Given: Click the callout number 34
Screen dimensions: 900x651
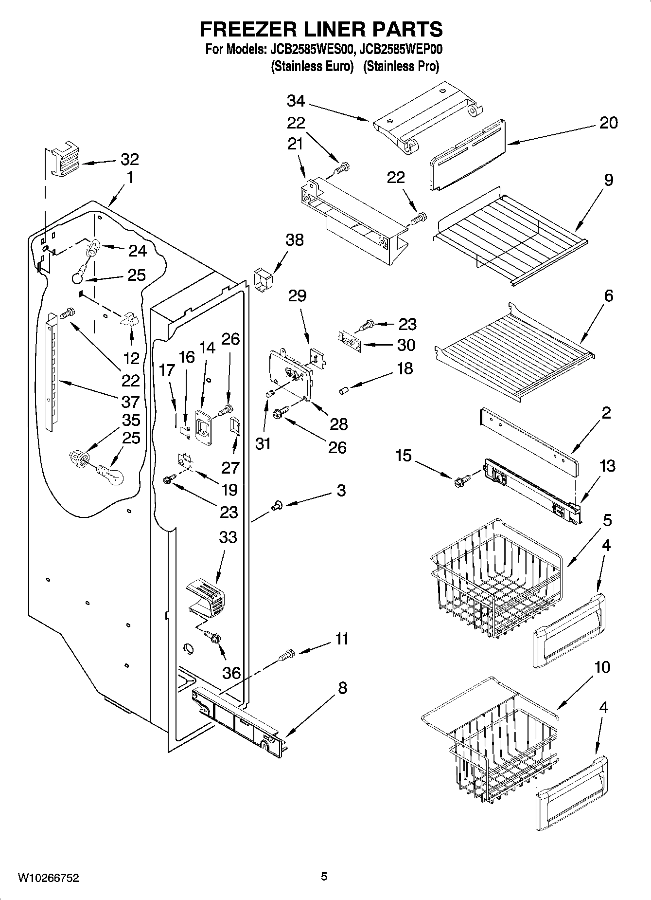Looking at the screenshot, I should point(296,101).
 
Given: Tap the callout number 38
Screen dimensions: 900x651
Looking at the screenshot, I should point(295,239).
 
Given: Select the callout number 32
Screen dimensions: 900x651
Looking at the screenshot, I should point(129,159).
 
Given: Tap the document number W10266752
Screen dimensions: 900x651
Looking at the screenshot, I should point(48,878).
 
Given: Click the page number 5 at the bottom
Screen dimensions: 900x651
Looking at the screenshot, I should point(324,877).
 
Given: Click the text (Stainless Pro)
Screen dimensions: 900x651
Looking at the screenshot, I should point(401,66).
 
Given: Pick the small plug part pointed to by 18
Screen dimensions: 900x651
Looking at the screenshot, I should point(344,390).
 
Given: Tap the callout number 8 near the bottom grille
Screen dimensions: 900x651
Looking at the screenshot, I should point(342,688).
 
